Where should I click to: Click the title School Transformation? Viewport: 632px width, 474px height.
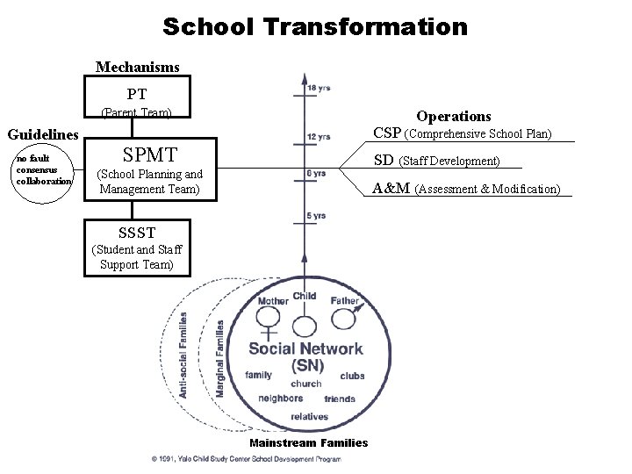coord(315,26)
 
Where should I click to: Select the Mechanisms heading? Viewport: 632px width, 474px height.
coord(137,67)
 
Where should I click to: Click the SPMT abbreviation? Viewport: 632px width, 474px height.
coord(151,155)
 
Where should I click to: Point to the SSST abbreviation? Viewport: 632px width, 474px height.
coord(137,233)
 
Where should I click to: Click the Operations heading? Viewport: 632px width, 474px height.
coord(453,116)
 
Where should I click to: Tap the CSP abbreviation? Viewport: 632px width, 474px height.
coord(387,134)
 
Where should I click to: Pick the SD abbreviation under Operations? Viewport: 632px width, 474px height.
coord(384,161)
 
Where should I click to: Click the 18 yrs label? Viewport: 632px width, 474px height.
coord(319,88)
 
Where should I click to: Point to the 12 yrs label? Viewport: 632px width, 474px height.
coord(319,136)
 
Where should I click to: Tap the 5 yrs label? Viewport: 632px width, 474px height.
coord(316,216)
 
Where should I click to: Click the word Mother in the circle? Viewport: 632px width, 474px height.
coord(273,301)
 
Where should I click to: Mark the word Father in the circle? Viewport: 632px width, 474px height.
coord(345,301)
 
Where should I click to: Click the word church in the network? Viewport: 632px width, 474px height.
coord(306,384)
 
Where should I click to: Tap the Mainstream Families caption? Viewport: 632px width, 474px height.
coord(309,442)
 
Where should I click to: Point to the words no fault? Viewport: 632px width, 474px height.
coord(32,158)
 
